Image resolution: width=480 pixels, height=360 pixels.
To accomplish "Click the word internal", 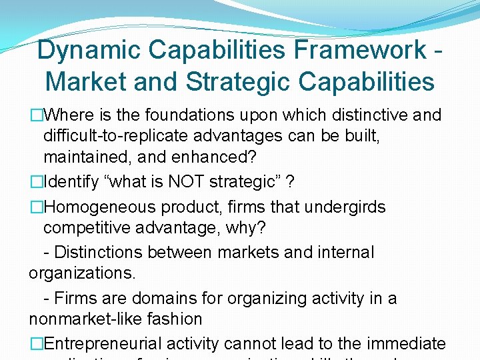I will (341, 253).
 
